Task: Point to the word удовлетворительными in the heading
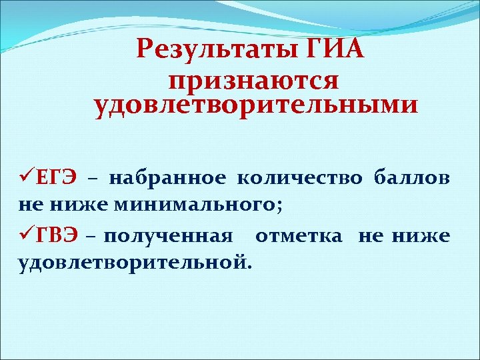click(257, 105)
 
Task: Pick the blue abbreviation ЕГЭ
click(55, 179)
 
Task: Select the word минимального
click(169, 206)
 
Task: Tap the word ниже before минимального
click(66, 206)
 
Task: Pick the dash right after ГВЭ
click(90, 236)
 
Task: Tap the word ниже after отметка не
click(423, 235)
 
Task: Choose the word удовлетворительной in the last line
click(133, 263)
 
